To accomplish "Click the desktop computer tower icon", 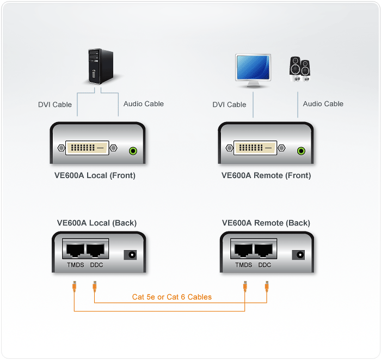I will [x=101, y=66].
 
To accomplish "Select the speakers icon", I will [x=299, y=69].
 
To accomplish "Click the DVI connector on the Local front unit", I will [x=87, y=147].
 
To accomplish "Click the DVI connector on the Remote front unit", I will [x=255, y=147].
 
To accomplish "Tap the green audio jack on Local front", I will [x=132, y=151].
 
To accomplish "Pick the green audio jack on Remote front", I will [x=301, y=151].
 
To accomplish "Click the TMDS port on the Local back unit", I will [x=75, y=250].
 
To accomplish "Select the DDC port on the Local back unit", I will [x=96, y=250].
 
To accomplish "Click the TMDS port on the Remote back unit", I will [x=243, y=250].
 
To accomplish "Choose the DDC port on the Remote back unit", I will [x=265, y=250].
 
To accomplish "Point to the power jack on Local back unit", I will [x=130, y=254].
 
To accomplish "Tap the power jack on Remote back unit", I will [x=298, y=254].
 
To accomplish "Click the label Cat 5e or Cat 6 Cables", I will [x=172, y=297].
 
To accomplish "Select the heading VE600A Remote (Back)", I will [x=266, y=223].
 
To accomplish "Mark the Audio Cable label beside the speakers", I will [x=323, y=103].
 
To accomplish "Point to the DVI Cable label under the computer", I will [x=55, y=105].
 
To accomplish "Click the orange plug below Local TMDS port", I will [x=75, y=285].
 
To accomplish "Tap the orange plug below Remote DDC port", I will [x=267, y=285].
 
